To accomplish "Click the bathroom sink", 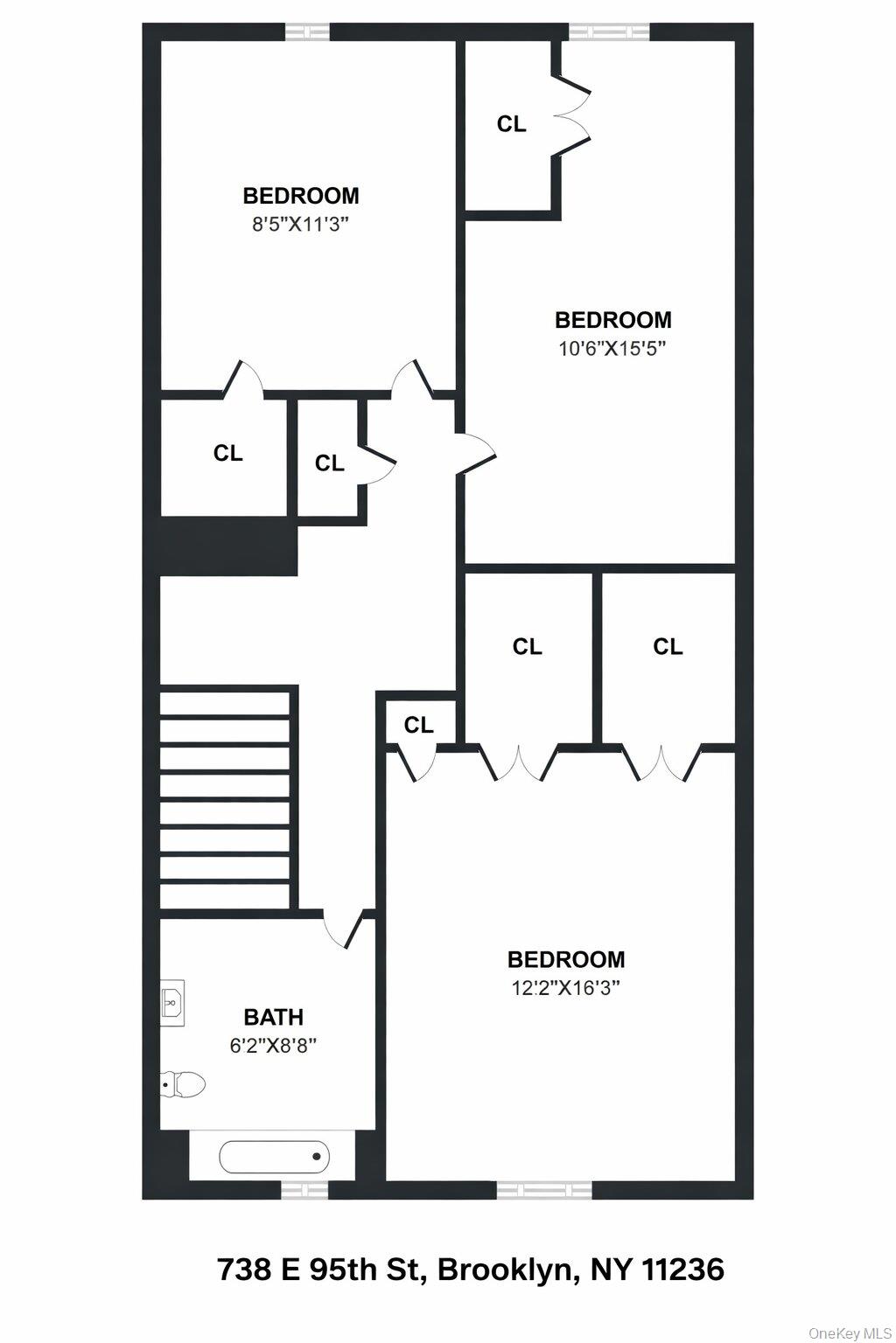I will click(x=173, y=1000).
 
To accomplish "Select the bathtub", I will click(x=274, y=1157).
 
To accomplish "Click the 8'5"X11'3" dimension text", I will click(x=300, y=224).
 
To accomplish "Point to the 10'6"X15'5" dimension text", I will click(x=612, y=348).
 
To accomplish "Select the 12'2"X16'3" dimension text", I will click(x=566, y=988).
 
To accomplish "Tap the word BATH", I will click(x=273, y=1017).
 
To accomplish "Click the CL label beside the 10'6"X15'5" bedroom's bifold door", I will click(x=511, y=124).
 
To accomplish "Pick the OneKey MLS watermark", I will click(x=849, y=1333).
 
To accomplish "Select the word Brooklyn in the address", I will click(x=505, y=1269).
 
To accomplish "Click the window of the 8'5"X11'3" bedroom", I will click(x=307, y=32).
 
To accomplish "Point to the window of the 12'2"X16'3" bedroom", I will click(x=544, y=1190).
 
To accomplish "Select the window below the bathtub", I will click(x=304, y=1190).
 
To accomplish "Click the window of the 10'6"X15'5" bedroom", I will click(x=609, y=32).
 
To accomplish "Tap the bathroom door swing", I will click(x=341, y=929).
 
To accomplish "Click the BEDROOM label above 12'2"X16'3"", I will click(x=566, y=959).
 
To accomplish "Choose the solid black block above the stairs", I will click(x=228, y=546).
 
